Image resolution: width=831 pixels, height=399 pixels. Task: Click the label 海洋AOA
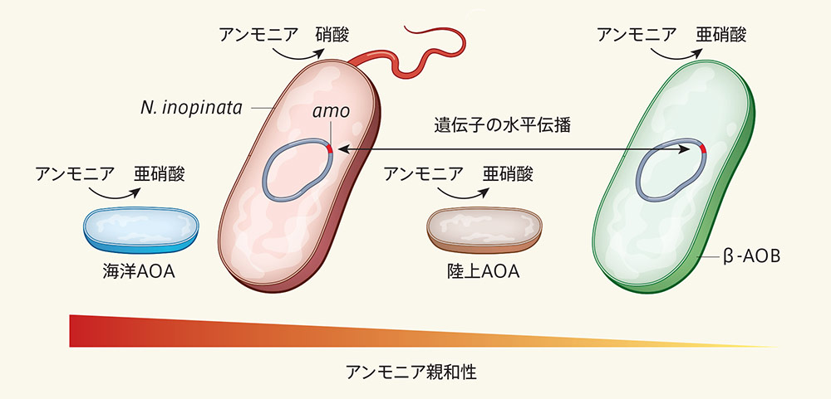pyautogui.click(x=141, y=271)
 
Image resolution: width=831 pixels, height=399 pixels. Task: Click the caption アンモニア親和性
pyautogui.click(x=411, y=371)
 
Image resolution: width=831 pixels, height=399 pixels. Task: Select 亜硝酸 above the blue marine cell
pyautogui.click(x=160, y=174)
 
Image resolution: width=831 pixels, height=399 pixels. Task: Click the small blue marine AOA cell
pyautogui.click(x=141, y=228)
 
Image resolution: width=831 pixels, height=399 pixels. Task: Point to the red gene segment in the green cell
pyautogui.click(x=702, y=149)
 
